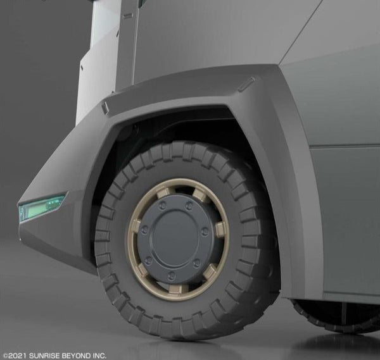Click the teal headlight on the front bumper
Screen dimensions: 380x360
coord(42,207)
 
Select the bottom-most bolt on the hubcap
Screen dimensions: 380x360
coord(172,275)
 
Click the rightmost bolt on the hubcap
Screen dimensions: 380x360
coord(205,231)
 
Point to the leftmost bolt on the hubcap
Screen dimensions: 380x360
coord(144,229)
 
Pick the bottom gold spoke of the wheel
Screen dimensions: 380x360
coord(175,289)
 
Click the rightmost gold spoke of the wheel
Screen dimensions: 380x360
coord(220,229)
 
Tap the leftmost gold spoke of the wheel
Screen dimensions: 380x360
coord(136,225)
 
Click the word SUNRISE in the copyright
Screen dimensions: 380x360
coord(44,356)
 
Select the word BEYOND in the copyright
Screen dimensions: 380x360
coord(77,356)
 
